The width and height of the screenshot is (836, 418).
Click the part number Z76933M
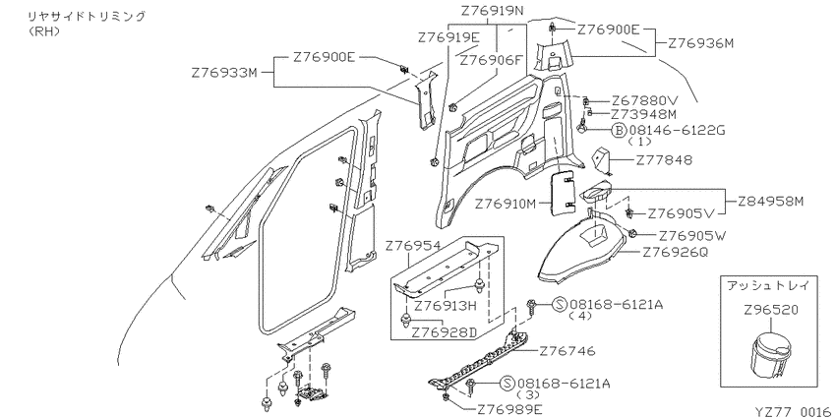click(x=224, y=73)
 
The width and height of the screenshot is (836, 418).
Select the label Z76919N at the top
click(x=492, y=10)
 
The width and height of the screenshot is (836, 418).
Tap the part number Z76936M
click(x=701, y=43)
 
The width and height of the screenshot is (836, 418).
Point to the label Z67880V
click(x=644, y=100)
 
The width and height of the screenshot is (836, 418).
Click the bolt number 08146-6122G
click(x=677, y=130)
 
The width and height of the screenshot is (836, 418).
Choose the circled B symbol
click(x=619, y=130)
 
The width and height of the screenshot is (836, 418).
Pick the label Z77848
click(x=664, y=160)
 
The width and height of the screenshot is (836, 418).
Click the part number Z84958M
click(x=771, y=202)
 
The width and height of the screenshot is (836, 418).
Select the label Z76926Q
click(x=675, y=252)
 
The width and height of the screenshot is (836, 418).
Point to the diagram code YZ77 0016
click(x=793, y=411)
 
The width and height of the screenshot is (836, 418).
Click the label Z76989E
click(x=509, y=409)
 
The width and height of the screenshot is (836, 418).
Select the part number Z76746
click(x=567, y=351)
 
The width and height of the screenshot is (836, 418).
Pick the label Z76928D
click(x=445, y=332)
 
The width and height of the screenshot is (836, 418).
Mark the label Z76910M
click(x=508, y=204)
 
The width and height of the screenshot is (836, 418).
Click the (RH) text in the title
click(x=43, y=30)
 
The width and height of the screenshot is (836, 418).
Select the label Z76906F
click(x=492, y=60)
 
